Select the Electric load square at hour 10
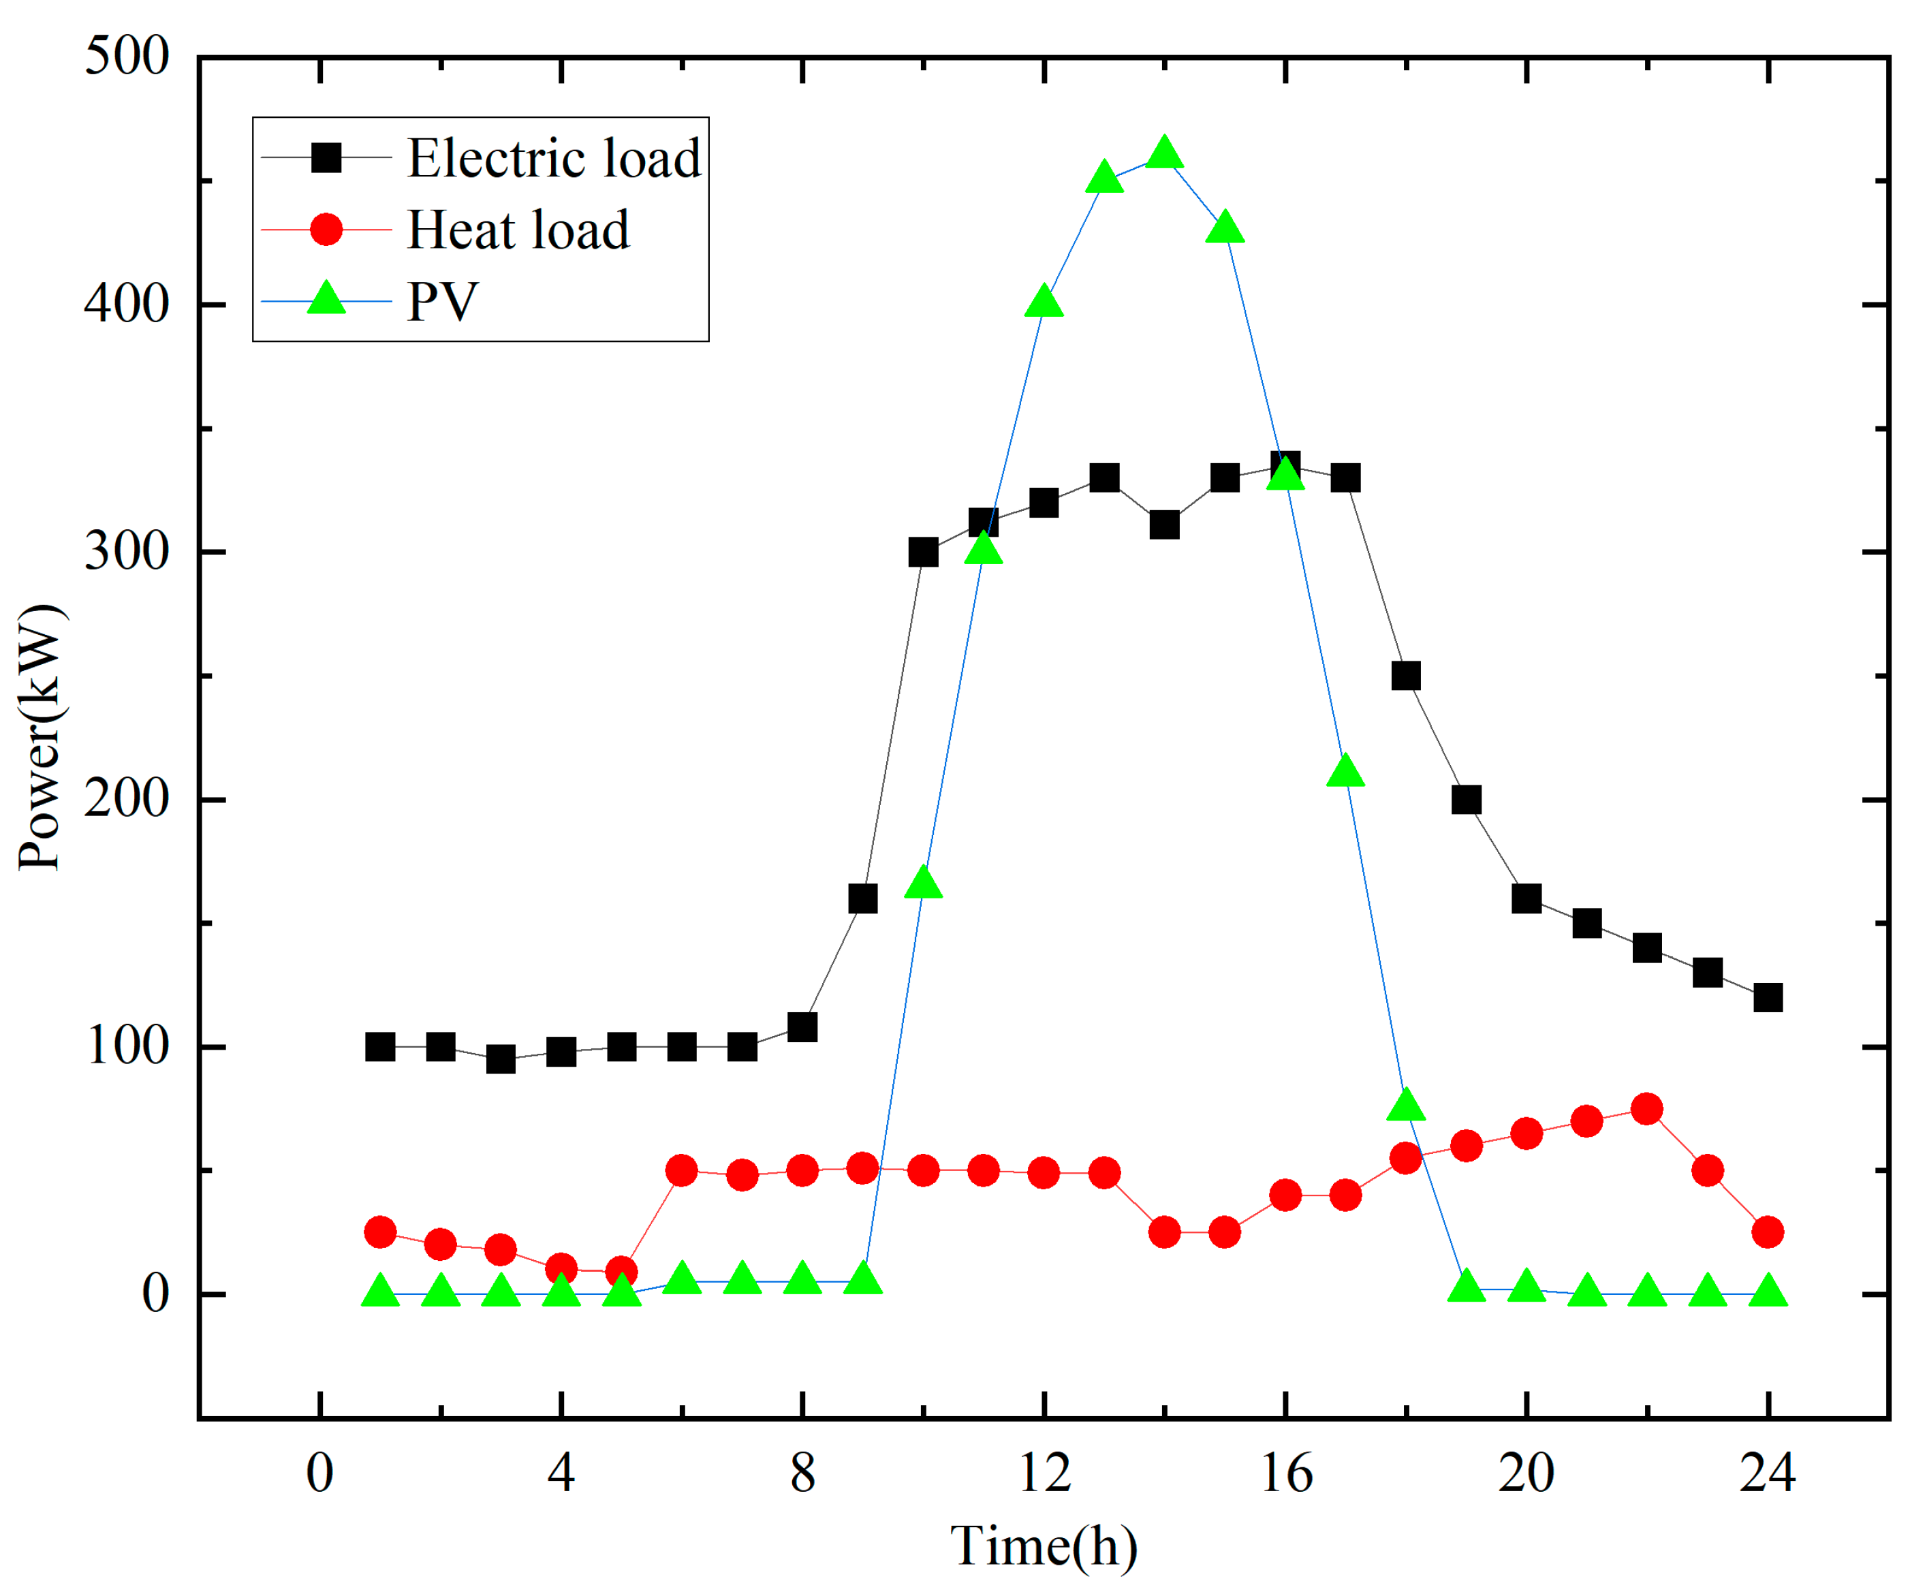click(923, 552)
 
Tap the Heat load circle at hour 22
click(1647, 1109)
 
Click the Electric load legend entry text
click(554, 158)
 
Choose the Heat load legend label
click(518, 230)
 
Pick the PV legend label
click(442, 301)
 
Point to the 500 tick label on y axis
click(127, 57)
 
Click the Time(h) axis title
click(1044, 1546)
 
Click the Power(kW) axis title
click(41, 737)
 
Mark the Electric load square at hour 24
click(1767, 998)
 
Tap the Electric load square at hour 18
click(1406, 676)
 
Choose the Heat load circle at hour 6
click(681, 1171)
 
